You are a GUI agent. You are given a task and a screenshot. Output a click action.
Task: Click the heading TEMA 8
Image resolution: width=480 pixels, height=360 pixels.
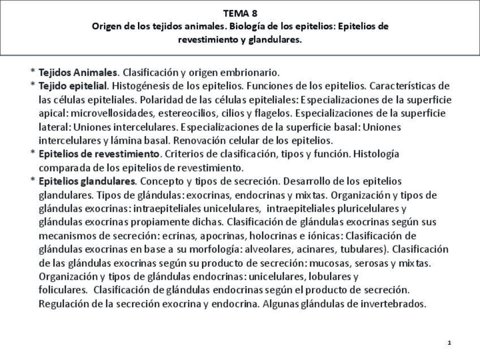240,12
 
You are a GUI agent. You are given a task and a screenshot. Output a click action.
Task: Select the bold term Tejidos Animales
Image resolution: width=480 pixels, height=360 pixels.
78,72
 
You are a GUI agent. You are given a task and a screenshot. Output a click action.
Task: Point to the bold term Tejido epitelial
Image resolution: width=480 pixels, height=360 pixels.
72,86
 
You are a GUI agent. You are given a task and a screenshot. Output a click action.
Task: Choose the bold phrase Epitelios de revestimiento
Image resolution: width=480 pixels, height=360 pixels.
99,154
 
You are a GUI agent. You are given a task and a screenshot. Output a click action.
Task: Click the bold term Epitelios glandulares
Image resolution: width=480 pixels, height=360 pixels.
87,181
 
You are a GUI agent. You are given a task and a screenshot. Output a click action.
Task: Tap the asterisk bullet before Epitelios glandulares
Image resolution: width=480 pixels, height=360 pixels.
33,182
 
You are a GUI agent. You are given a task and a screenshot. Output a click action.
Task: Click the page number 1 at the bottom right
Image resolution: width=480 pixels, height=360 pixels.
448,343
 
